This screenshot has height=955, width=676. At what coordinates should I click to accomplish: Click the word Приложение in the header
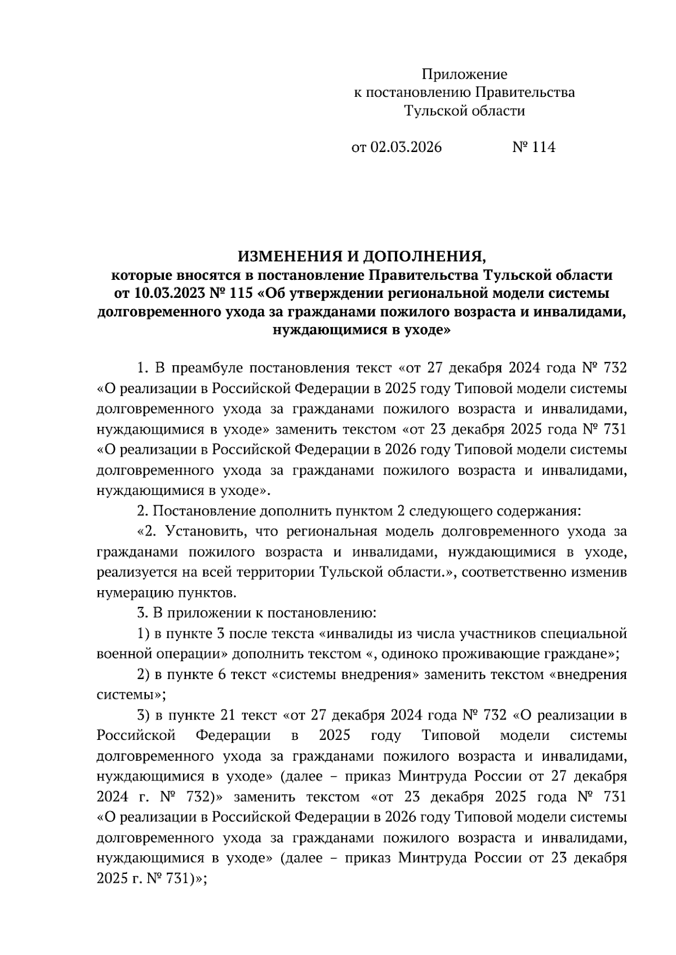point(464,74)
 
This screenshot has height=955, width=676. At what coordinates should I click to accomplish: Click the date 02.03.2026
point(406,148)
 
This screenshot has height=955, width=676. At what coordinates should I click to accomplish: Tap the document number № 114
point(533,148)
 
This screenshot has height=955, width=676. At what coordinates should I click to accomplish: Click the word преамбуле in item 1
point(206,368)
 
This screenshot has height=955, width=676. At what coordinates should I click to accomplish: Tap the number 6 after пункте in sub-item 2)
point(220,675)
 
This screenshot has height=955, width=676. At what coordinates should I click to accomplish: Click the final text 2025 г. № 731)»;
point(152,878)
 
